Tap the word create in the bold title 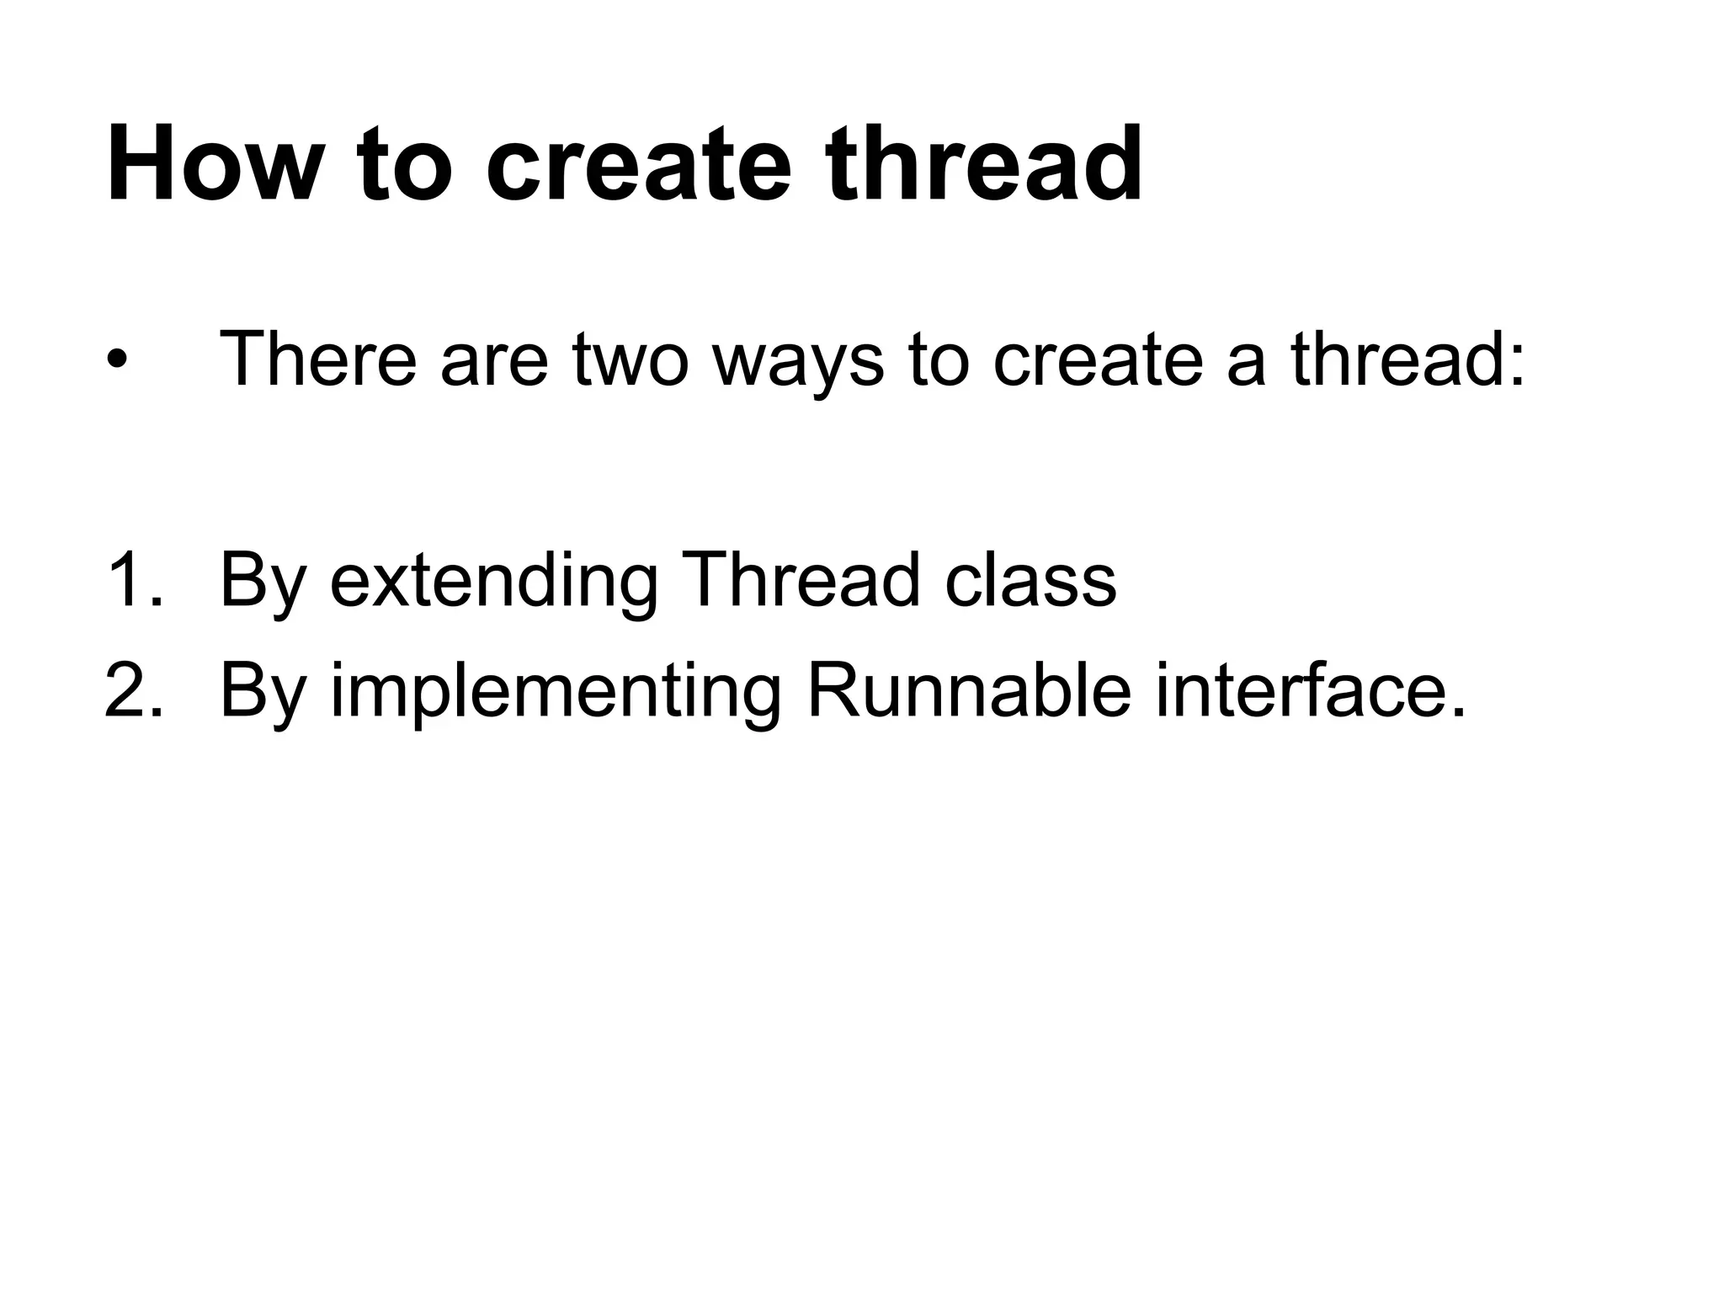639,164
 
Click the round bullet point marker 117,360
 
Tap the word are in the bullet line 493,360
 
